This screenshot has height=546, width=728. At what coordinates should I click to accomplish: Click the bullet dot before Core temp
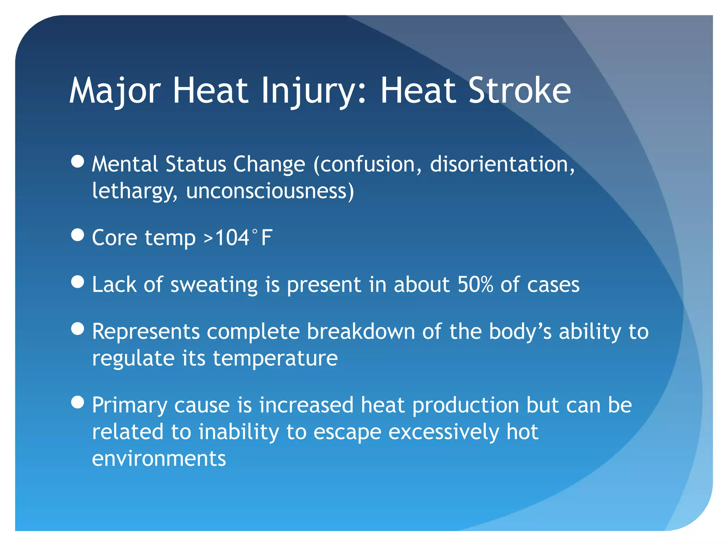77,235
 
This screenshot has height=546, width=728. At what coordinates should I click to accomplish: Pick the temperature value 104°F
244,237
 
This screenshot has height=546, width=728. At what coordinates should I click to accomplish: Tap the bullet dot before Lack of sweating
77,282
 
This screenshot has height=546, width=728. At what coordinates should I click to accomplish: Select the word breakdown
361,331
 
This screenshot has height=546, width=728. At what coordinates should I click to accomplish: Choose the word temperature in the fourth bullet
275,358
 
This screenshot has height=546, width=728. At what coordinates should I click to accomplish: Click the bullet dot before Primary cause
77,402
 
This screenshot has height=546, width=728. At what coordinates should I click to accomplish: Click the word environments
159,459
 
